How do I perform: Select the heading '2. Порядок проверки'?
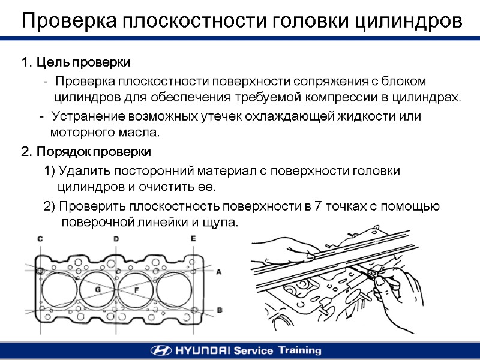tap(86, 151)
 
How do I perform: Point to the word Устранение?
tap(85, 116)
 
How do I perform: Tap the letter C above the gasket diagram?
tap(40, 239)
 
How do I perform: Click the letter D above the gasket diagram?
tap(116, 239)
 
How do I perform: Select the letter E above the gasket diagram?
tap(193, 239)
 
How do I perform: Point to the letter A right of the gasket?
tap(218, 271)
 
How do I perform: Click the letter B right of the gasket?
tap(219, 310)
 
